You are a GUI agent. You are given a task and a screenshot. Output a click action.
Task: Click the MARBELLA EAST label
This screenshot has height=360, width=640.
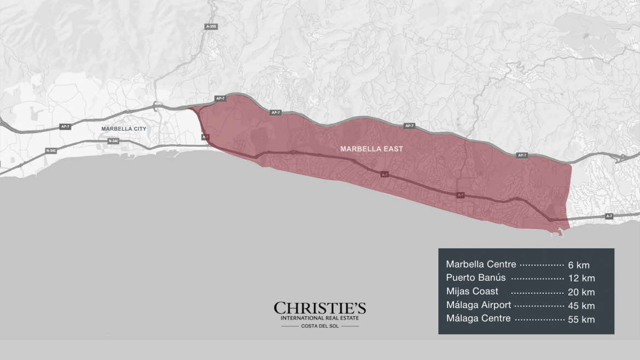coord(371,149)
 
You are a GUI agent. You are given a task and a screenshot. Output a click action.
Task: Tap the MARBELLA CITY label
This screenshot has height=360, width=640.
coord(125,129)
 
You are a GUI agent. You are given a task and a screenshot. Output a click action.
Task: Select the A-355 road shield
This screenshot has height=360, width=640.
coord(211,26)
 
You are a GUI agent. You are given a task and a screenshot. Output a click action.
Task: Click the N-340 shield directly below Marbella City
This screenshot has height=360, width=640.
coord(113,141)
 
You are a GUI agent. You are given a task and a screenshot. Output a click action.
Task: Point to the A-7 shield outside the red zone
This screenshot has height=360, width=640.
coord(609,216)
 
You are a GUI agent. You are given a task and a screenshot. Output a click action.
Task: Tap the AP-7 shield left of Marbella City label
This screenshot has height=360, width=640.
coord(65,126)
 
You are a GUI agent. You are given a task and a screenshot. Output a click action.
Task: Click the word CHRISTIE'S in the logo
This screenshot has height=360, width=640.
coord(320,309)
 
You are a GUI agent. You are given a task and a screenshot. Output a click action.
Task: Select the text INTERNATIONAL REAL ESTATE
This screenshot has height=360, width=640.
coord(320,318)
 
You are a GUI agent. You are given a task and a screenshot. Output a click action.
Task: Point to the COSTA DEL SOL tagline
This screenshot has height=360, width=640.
coord(320,326)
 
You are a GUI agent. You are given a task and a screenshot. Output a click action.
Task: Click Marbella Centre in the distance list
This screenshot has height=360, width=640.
coord(481,265)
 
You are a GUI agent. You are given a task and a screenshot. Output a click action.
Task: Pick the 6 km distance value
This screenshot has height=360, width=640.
coord(579,265)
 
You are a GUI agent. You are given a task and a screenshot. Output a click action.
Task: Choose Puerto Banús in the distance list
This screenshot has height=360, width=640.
coord(475,278)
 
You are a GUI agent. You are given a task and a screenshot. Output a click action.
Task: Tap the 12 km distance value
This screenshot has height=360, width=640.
coord(581,278)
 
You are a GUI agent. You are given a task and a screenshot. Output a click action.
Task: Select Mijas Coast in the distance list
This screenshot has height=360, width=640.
coord(472,292)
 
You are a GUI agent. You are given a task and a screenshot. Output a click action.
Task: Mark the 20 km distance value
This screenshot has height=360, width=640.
coord(581,292)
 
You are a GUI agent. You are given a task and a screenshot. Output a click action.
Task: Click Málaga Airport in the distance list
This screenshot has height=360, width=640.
coord(479,305)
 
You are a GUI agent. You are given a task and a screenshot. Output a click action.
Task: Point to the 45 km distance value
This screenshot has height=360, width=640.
coord(581,306)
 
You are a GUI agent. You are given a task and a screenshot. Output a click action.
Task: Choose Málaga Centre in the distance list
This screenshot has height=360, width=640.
coord(478,318)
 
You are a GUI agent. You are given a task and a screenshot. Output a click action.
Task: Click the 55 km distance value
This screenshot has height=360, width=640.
coord(581,319)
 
